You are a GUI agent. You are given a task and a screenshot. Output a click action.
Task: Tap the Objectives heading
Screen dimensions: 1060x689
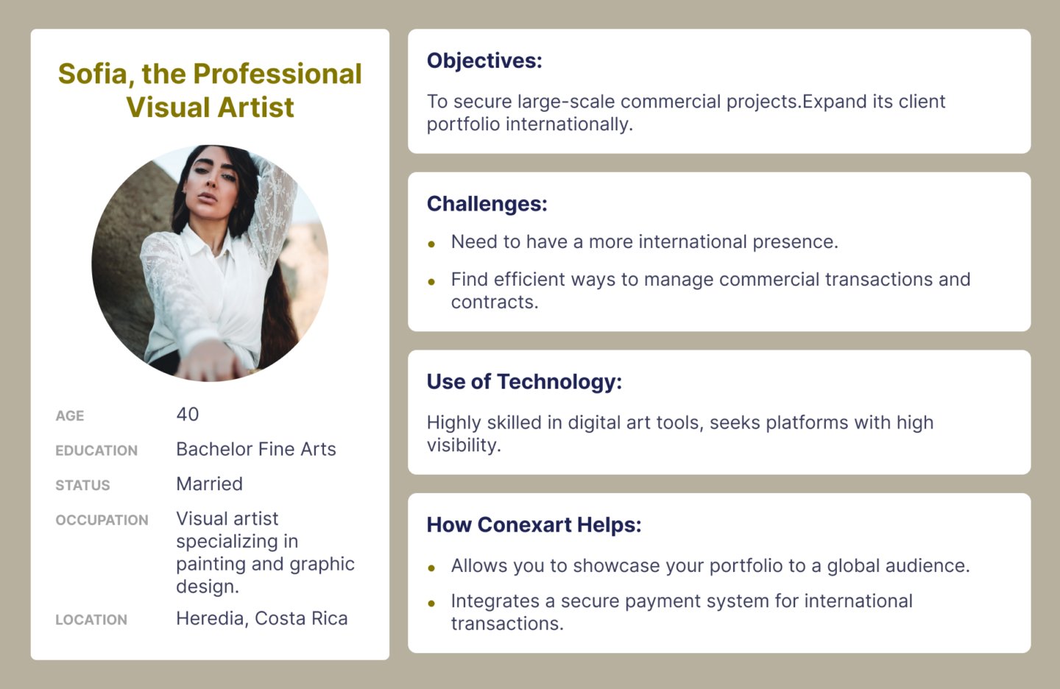(x=484, y=61)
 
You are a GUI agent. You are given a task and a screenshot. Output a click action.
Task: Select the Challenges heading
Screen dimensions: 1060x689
(x=487, y=204)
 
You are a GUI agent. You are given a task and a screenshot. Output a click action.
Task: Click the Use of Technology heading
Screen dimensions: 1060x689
(x=524, y=381)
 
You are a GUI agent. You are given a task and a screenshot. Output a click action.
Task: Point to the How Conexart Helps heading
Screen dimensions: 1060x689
(x=534, y=525)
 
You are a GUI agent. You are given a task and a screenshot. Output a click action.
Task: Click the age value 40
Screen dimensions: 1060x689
(x=188, y=414)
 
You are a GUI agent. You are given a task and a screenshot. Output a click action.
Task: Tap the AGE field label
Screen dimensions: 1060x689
(x=69, y=415)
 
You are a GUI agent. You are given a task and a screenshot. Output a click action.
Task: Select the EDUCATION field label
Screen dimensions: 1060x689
(x=96, y=450)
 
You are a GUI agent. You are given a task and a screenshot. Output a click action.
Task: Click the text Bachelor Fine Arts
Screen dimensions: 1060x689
(x=256, y=449)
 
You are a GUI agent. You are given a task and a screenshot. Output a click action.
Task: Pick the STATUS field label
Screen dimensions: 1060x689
(x=82, y=485)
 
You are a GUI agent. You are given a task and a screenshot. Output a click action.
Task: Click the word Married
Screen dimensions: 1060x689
(x=209, y=484)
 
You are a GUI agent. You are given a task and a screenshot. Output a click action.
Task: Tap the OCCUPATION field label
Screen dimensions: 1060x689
(x=102, y=520)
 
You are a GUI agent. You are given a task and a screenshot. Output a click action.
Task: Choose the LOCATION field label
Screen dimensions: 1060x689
(x=91, y=620)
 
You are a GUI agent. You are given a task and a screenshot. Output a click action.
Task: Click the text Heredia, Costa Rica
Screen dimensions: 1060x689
(x=262, y=618)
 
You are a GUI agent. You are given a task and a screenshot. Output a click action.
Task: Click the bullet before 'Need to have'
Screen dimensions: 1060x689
(x=431, y=244)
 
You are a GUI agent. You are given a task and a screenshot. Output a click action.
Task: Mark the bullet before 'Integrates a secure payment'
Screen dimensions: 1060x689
(x=431, y=604)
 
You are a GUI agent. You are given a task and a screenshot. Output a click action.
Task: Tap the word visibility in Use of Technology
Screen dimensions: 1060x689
(x=464, y=445)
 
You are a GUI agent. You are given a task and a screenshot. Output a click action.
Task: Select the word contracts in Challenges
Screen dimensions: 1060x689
(x=495, y=303)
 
